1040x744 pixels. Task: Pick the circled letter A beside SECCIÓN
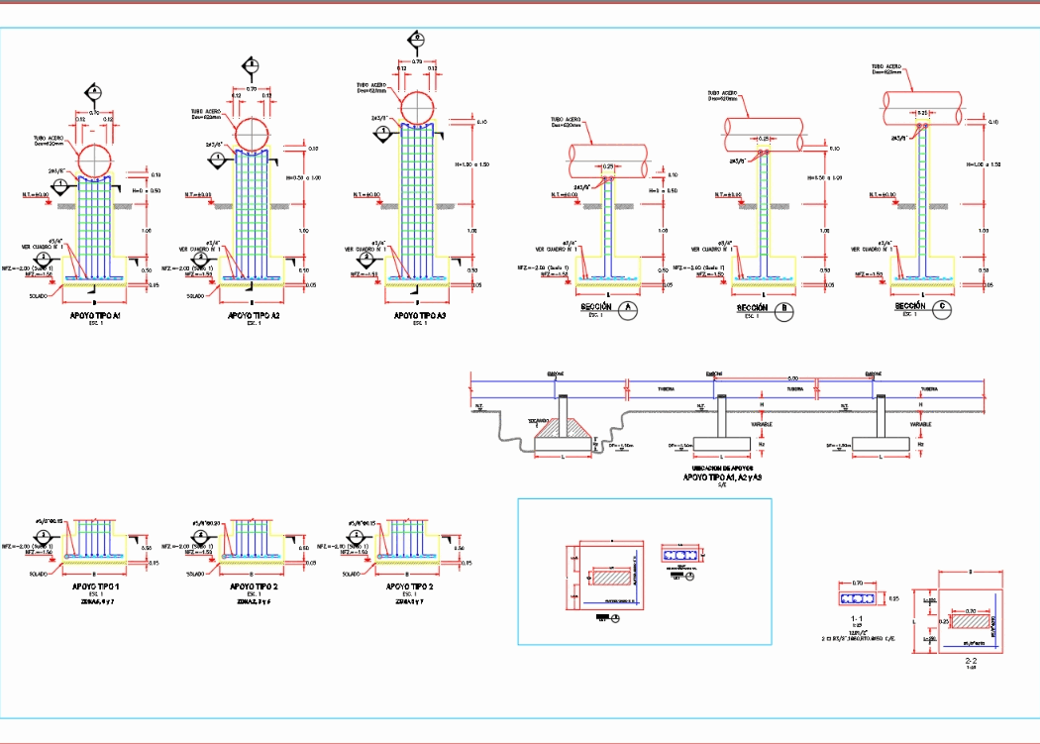click(627, 309)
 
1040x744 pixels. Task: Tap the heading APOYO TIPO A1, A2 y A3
click(723, 478)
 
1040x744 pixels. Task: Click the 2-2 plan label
click(971, 659)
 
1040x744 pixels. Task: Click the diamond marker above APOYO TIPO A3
click(417, 40)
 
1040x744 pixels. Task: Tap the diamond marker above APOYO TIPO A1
click(94, 92)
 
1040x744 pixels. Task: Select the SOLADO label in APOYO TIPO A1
click(39, 295)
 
